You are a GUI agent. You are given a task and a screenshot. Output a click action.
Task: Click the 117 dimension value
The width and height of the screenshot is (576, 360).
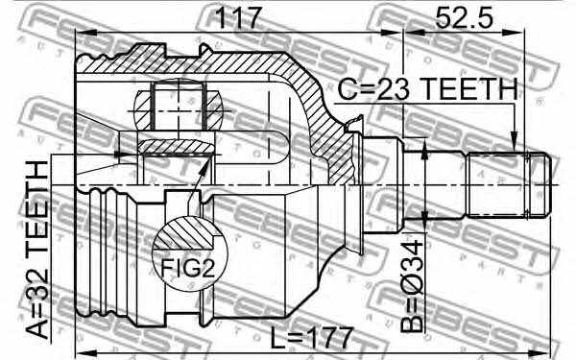coord(238,18)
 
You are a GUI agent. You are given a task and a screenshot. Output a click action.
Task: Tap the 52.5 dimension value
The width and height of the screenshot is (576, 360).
coord(464,17)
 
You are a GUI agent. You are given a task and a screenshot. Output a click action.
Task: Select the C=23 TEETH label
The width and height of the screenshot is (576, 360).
coord(427,89)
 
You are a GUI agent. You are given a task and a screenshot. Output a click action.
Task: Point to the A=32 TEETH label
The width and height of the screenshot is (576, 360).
coord(38,250)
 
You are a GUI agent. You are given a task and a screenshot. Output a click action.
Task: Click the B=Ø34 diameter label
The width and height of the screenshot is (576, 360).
coord(412,286)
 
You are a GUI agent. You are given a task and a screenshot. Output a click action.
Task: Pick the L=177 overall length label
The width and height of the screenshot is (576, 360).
coord(311,338)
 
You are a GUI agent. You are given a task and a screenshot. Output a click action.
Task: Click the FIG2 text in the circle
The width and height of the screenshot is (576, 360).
coord(188,268)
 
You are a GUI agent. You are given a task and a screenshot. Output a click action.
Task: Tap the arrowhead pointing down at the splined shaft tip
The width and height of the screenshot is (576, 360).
coord(515,144)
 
